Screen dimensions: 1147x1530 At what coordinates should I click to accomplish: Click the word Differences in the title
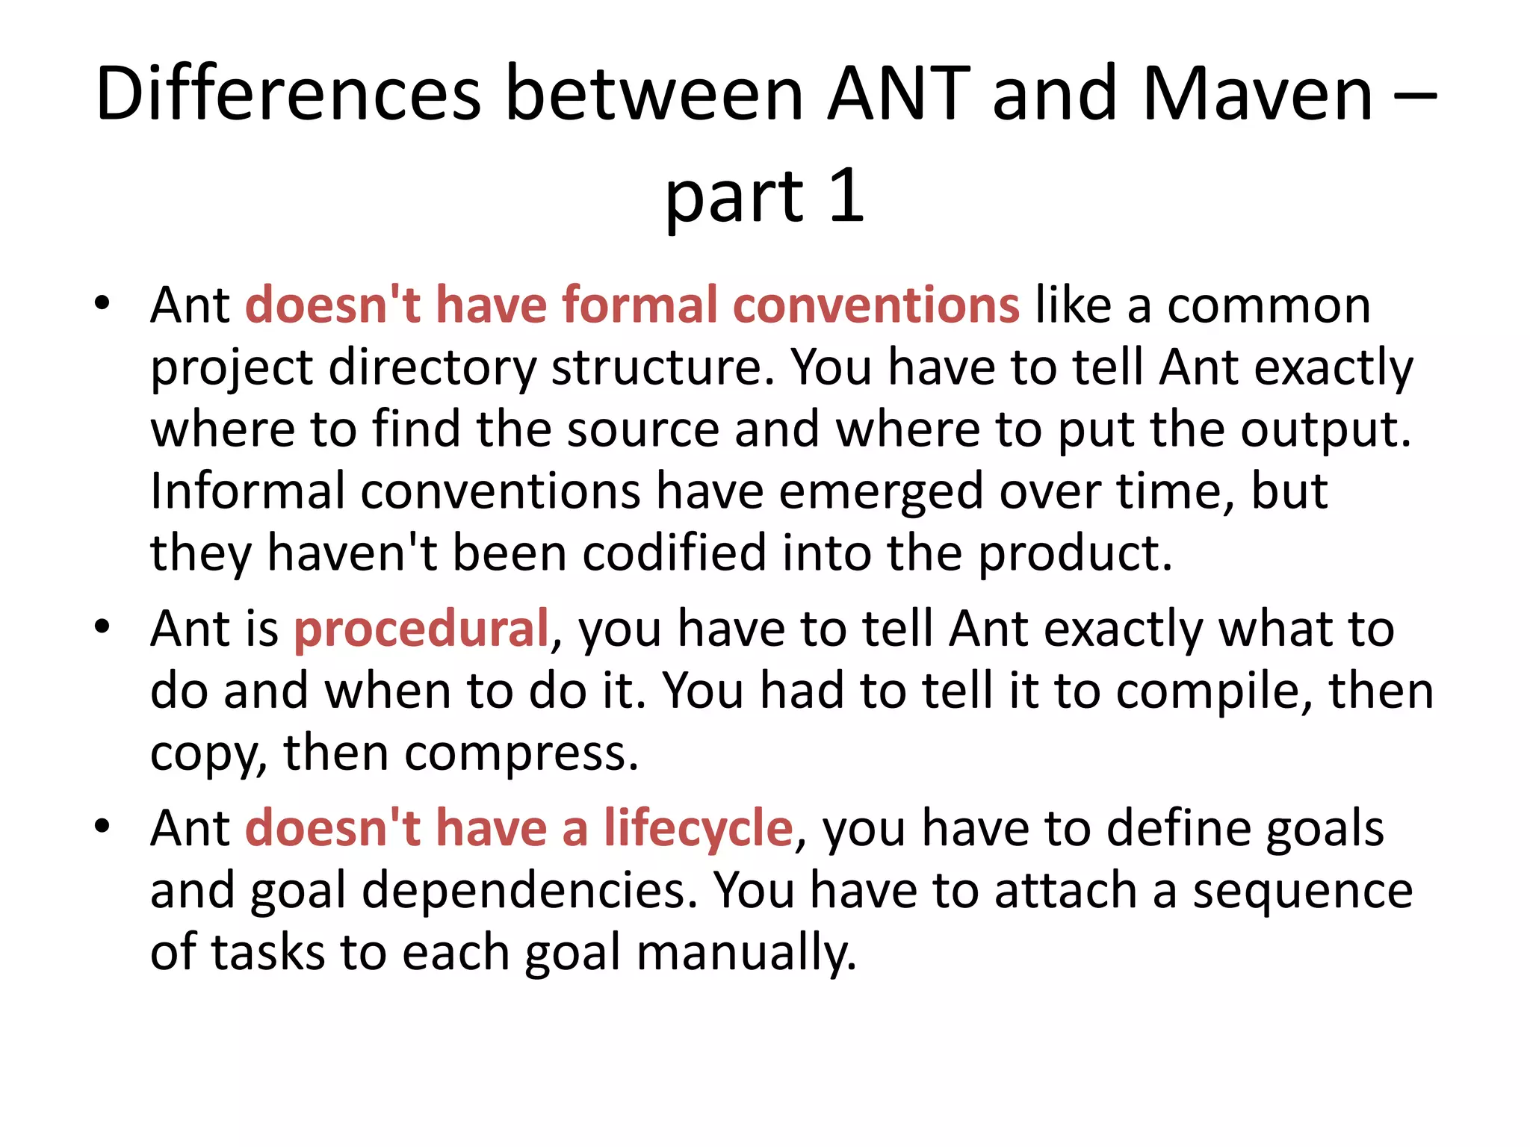pos(288,94)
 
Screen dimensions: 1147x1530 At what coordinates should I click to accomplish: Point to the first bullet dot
pos(102,304)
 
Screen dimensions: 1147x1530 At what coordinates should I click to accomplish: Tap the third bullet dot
pos(102,826)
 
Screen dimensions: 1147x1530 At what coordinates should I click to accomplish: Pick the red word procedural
pos(421,628)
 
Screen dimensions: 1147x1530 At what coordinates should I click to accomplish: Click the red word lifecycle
pos(698,828)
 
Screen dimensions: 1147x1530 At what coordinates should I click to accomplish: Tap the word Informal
pos(247,491)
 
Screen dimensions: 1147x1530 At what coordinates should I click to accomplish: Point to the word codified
pos(674,553)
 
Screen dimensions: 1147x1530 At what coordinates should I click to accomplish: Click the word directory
pos(432,368)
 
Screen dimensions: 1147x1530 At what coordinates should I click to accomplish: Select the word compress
pos(520,753)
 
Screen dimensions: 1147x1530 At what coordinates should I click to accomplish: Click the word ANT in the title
pos(898,94)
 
